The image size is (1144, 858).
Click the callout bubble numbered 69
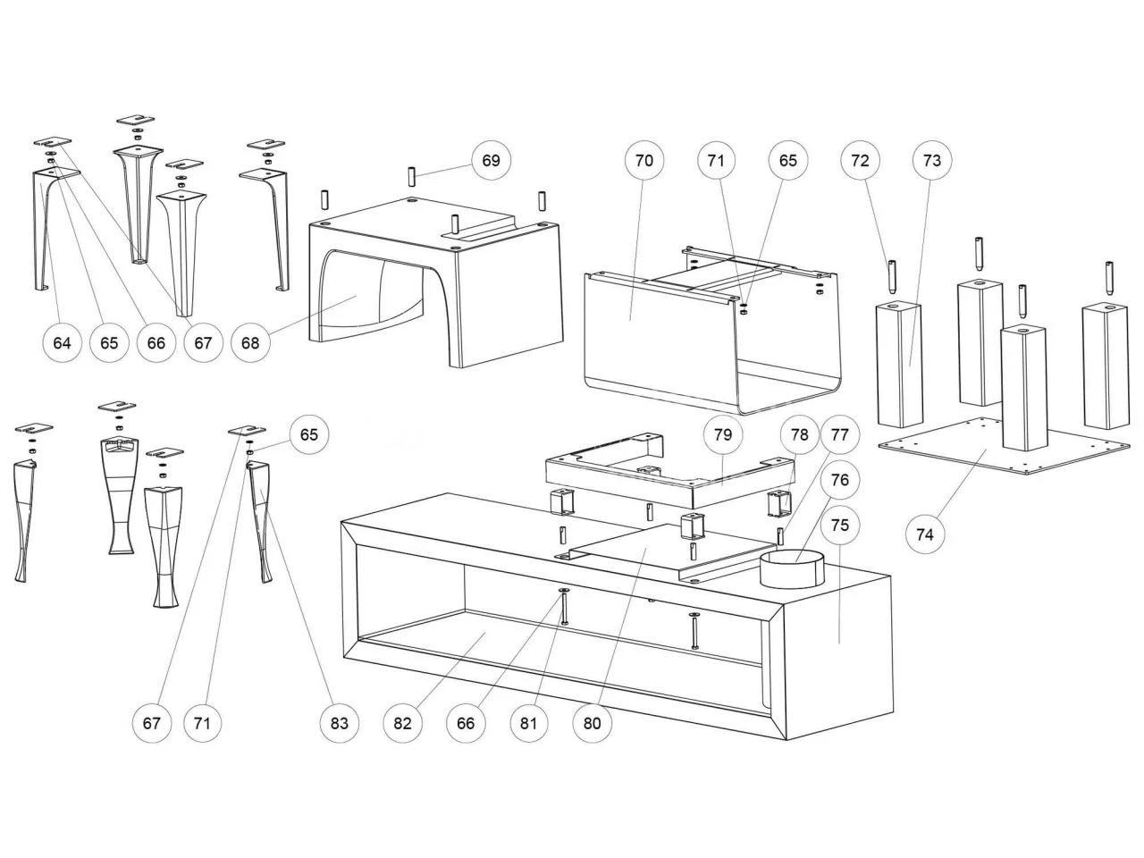click(x=492, y=161)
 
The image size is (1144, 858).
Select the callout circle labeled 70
click(x=644, y=161)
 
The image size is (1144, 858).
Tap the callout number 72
click(x=860, y=161)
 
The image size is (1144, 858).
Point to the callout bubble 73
click(x=932, y=161)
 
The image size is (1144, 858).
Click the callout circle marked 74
click(x=925, y=534)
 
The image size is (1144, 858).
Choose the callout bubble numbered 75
click(x=840, y=525)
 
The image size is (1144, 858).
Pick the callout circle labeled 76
click(x=840, y=480)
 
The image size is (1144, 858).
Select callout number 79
click(x=723, y=435)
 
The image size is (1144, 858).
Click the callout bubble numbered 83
click(x=340, y=723)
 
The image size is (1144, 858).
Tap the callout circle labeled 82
click(x=403, y=723)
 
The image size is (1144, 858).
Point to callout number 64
click(x=62, y=342)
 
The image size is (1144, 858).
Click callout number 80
click(x=593, y=723)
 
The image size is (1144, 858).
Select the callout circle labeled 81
click(x=529, y=723)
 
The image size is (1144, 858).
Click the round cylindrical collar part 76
click(x=791, y=570)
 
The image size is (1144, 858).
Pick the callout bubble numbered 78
click(x=799, y=435)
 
